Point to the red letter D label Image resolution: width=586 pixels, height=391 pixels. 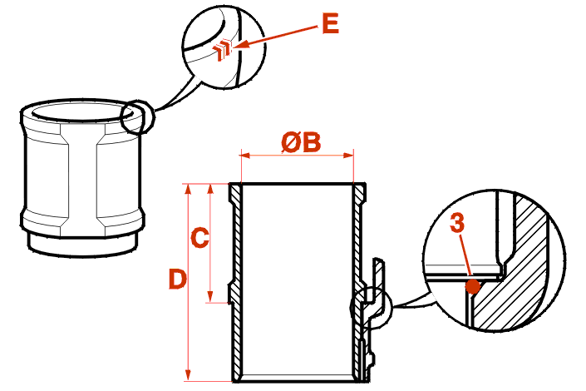coord(177,279)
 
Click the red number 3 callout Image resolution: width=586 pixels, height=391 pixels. coord(456,224)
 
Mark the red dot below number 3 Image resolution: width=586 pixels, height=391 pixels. coord(473,287)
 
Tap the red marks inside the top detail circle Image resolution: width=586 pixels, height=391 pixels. coord(221,52)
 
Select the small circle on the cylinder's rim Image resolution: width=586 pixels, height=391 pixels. coord(137,116)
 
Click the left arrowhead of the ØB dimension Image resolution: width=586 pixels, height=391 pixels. coord(243,154)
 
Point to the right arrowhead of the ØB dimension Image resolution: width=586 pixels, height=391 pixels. coord(352,154)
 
